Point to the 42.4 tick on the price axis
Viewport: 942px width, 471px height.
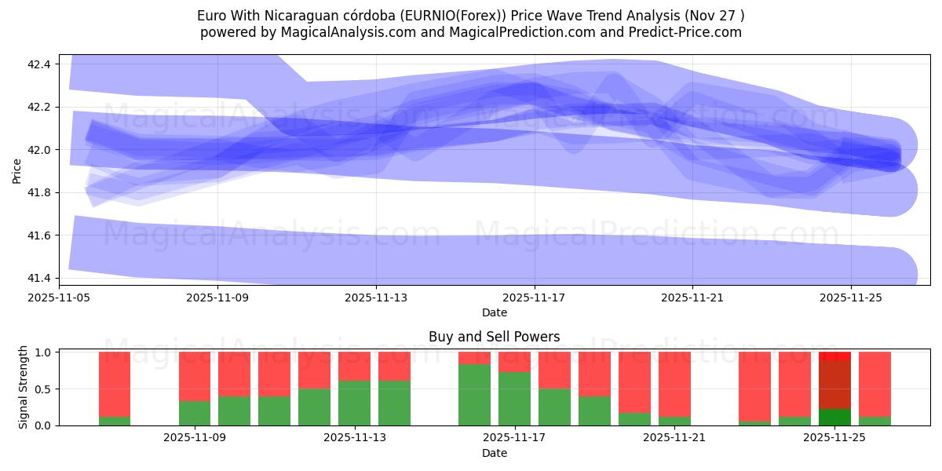pyautogui.click(x=38, y=64)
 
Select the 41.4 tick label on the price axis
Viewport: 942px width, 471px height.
pyautogui.click(x=38, y=279)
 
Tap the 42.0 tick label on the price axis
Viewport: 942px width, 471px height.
pyautogui.click(x=38, y=150)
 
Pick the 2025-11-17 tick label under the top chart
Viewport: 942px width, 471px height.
pyautogui.click(x=535, y=298)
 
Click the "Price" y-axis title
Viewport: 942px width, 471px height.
pyautogui.click(x=17, y=170)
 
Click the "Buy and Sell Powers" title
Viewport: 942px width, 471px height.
pyautogui.click(x=494, y=337)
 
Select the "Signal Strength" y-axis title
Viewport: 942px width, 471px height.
pyautogui.click(x=24, y=387)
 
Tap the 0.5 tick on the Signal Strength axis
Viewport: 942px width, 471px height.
pyautogui.click(x=43, y=389)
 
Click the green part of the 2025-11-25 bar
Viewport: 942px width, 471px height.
pyautogui.click(x=834, y=417)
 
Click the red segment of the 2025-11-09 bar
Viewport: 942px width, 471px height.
pyautogui.click(x=195, y=376)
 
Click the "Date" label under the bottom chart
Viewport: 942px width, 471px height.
pyautogui.click(x=494, y=453)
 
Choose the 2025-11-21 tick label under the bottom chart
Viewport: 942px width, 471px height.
pyautogui.click(x=674, y=438)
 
